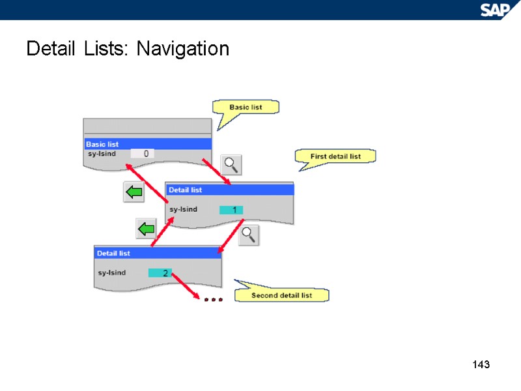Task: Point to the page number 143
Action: [x=480, y=364]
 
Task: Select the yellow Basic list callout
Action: [x=246, y=107]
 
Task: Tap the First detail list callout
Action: [x=335, y=156]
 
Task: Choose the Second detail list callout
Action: [x=282, y=295]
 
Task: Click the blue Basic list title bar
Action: [x=147, y=144]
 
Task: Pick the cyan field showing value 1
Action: [x=231, y=210]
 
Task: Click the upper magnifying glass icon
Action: [x=231, y=165]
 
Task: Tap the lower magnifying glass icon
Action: [x=248, y=235]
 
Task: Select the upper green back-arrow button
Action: [x=134, y=192]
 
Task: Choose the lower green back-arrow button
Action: [x=145, y=229]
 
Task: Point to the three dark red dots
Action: [x=213, y=300]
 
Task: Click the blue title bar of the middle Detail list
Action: [x=229, y=190]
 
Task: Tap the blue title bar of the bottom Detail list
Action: [x=158, y=253]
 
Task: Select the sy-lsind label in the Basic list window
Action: [x=102, y=154]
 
